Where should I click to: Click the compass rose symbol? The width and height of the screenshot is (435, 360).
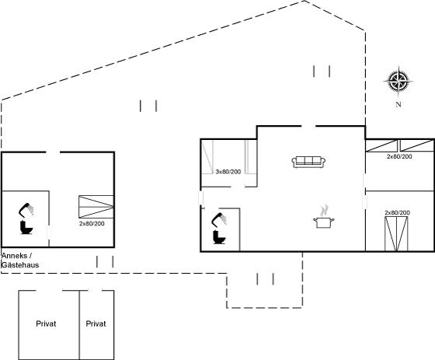(398, 81)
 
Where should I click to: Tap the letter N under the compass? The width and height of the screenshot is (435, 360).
(398, 104)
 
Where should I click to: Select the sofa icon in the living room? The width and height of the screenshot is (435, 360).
(308, 162)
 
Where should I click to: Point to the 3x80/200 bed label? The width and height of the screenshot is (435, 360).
(228, 172)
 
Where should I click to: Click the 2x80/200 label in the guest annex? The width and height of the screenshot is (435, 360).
(92, 224)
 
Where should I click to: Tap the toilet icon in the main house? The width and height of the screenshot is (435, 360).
(219, 237)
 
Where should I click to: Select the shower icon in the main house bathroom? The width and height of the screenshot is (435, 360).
(219, 219)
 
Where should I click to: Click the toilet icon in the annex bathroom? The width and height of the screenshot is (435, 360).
(26, 228)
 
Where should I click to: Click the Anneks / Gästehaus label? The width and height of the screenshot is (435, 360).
(20, 260)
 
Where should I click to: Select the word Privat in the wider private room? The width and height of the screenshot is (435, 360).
(46, 323)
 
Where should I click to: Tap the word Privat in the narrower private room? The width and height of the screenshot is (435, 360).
(96, 323)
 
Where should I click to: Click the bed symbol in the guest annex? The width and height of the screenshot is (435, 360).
(96, 207)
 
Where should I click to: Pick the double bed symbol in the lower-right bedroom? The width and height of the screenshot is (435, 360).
(396, 234)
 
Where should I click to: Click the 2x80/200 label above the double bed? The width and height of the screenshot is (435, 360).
(397, 213)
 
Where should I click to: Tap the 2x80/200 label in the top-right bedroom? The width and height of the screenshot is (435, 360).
(399, 156)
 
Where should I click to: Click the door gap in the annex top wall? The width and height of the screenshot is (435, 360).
(53, 152)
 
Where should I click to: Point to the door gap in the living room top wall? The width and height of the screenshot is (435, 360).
(308, 127)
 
